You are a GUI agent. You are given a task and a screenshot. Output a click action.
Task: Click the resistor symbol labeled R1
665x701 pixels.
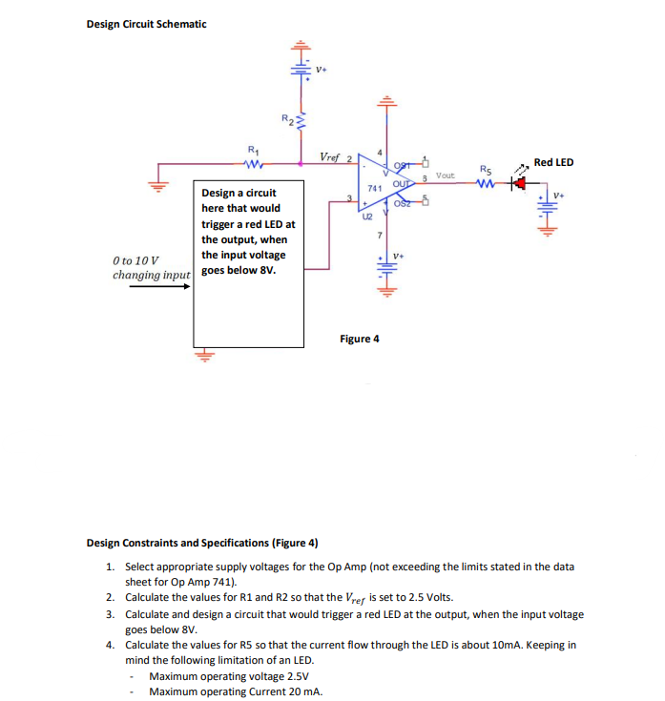tap(252, 163)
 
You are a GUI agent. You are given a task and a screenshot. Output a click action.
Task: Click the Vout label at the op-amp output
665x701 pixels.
tap(446, 175)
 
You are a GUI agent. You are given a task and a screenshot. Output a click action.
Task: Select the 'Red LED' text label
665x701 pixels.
tap(553, 162)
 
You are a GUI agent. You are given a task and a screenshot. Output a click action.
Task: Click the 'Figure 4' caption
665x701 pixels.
tap(360, 339)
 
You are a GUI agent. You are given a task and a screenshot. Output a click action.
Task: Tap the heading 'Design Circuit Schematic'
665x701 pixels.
tap(146, 24)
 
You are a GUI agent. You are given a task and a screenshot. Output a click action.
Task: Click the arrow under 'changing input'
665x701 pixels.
tap(158, 283)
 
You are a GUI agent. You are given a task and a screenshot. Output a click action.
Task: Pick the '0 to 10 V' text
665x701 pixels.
tap(135, 260)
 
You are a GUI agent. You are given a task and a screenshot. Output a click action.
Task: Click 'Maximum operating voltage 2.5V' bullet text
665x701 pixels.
tap(223, 676)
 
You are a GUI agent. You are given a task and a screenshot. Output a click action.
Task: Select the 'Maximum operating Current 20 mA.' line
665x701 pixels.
tap(235, 691)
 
